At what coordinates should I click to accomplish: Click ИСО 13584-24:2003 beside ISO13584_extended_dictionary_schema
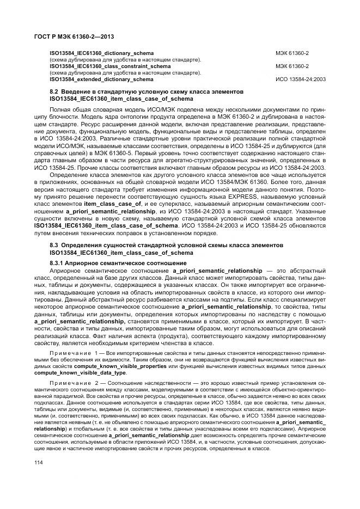coord(301,79)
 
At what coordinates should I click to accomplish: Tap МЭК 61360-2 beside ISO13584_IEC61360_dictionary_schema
coord(292,53)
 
